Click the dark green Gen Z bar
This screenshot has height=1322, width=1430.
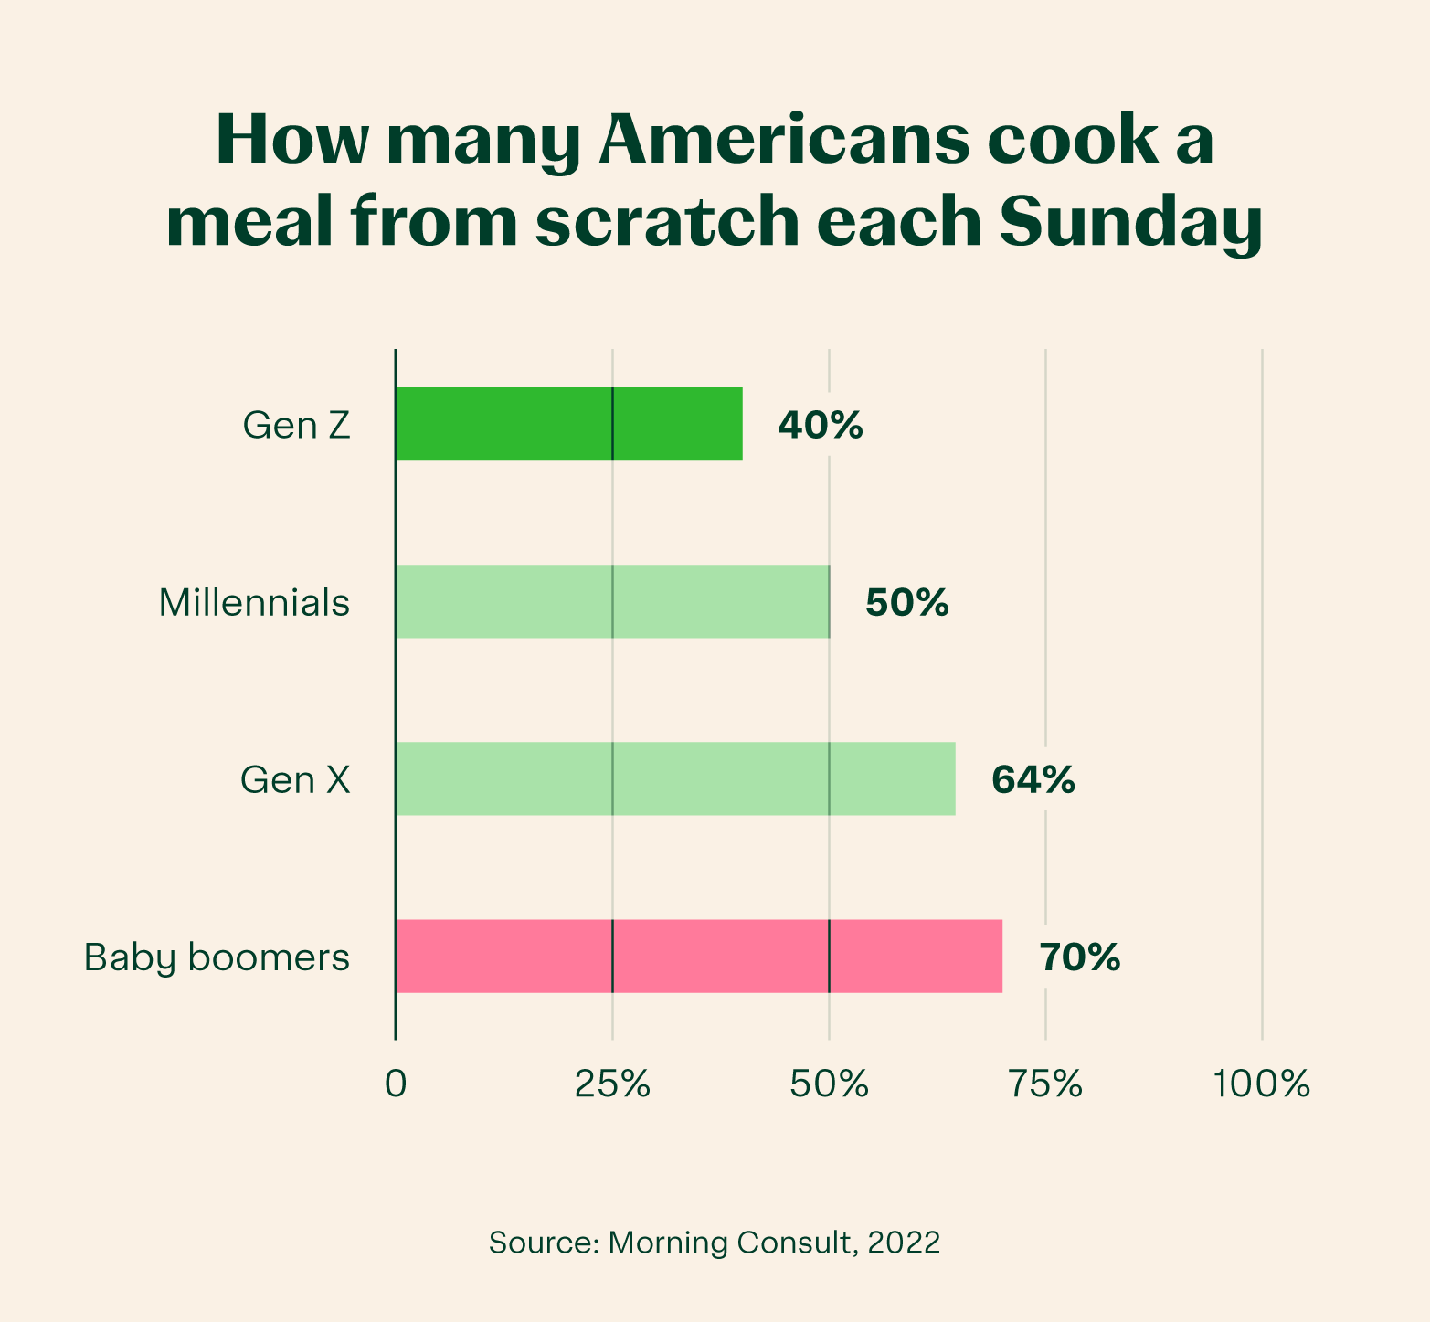pos(568,424)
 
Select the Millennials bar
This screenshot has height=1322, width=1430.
pos(612,601)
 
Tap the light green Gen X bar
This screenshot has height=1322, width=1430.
pos(675,778)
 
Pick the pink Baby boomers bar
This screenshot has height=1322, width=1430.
pos(699,956)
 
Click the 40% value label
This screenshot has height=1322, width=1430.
pos(820,425)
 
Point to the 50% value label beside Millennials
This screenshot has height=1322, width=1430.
pos(906,603)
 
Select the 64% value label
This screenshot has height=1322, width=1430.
pos(1033,780)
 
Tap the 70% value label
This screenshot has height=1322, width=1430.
pos(1079,957)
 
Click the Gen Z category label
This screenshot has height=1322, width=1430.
pos(296,426)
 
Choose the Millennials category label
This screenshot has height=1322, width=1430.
pos(254,603)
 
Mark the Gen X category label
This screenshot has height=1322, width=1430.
pos(295,780)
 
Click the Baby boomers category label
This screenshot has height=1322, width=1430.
pos(217,957)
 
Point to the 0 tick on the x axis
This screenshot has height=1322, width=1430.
pos(396,1084)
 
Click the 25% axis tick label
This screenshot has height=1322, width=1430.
pos(612,1084)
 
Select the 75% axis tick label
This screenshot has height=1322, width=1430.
pos(1045,1084)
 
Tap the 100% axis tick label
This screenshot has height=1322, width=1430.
pos(1262,1084)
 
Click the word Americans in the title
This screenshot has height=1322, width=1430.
pos(780,140)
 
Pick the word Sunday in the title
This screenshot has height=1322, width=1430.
pos(1130,222)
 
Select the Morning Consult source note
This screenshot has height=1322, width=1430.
pos(715,1243)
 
